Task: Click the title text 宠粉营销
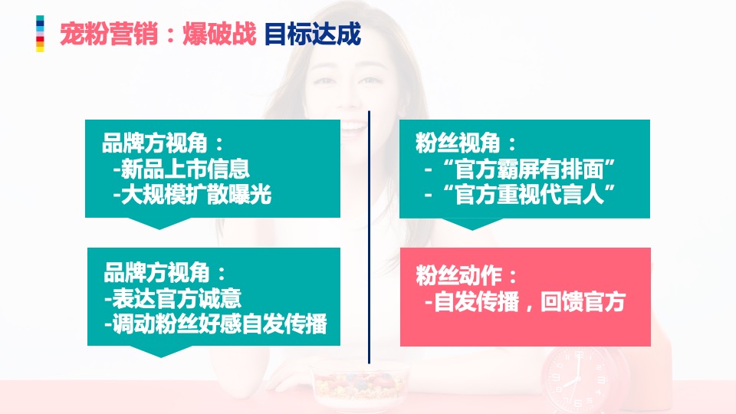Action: point(109,34)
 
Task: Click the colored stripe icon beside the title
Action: point(40,34)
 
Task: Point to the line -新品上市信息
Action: point(181,169)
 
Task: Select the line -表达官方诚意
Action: point(173,299)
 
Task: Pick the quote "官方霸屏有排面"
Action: point(521,169)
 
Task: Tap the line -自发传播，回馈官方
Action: point(525,302)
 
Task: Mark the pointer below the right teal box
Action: point(471,223)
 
